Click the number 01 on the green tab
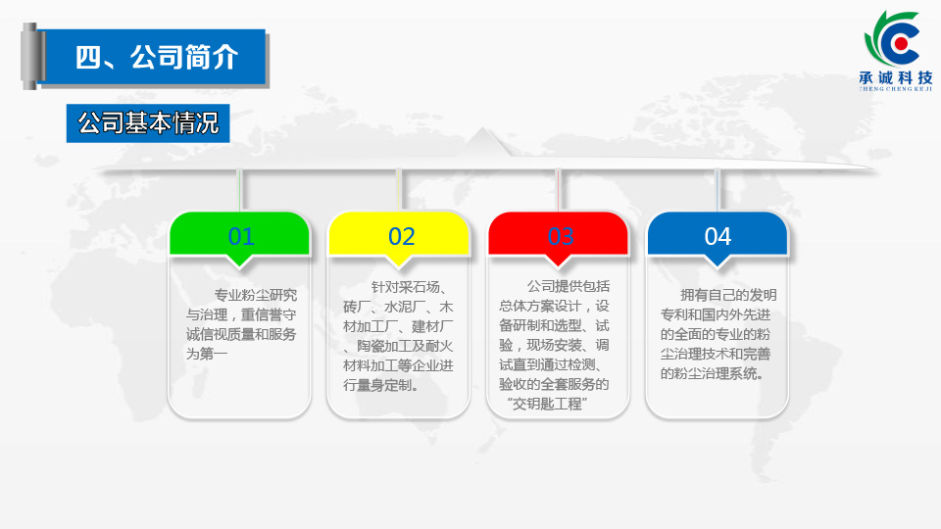coord(241,236)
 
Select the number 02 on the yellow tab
coord(402,236)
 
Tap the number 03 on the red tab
coord(561,236)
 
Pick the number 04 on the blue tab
coord(718,236)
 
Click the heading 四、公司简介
coord(157,58)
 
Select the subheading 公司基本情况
coord(148,123)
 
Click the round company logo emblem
coord(894,39)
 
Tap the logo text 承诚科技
coord(896,78)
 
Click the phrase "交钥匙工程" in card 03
coord(546,404)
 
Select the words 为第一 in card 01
coord(207,354)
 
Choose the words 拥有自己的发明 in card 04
coord(728,295)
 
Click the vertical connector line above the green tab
coord(239,191)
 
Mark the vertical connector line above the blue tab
coord(718,191)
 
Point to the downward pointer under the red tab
coord(558,261)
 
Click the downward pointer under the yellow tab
coord(399,261)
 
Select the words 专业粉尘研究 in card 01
coord(256,295)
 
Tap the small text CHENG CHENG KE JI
coord(896,89)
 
